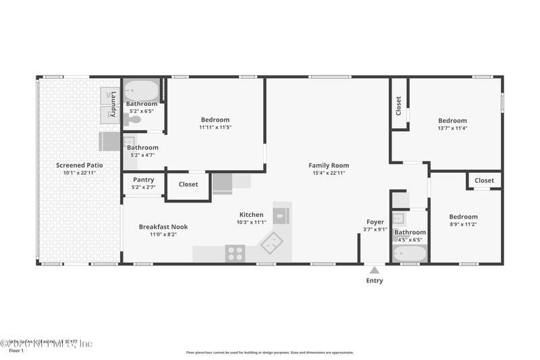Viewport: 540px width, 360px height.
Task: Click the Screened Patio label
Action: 80,165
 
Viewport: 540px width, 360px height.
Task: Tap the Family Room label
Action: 329,165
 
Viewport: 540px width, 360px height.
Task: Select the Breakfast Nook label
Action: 163,227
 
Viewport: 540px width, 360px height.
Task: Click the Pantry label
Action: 143,180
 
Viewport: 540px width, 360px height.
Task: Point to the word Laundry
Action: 113,104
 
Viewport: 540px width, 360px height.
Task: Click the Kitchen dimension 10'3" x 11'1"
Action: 251,222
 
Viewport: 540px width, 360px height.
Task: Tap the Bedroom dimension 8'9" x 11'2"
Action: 463,224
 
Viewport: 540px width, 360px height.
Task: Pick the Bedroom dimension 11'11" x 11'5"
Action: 215,127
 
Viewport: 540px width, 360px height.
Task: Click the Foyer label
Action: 375,222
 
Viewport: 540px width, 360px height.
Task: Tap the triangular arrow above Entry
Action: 375,270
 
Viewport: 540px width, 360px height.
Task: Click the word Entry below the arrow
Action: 375,281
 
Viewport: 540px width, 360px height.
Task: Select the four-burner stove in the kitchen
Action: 235,253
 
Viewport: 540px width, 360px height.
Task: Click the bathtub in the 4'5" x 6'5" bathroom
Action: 410,253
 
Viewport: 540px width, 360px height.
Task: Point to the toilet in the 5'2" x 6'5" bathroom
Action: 133,120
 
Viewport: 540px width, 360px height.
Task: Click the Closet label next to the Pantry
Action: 188,184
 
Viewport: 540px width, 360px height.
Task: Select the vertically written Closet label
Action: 398,105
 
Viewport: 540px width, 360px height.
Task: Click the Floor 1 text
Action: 16,351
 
